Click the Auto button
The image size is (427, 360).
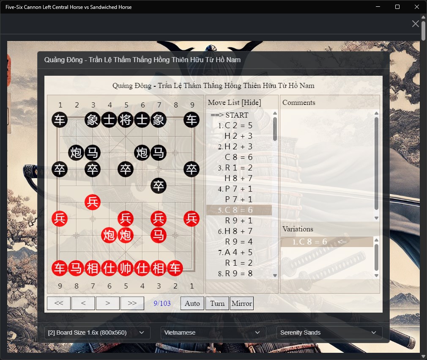[192, 303]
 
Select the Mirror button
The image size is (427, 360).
[242, 303]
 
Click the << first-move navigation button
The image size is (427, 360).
[59, 303]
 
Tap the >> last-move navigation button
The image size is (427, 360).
[132, 303]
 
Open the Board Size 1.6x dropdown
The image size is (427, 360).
[97, 333]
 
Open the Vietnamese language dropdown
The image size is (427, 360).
[213, 333]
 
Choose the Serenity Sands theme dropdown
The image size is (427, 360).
[329, 333]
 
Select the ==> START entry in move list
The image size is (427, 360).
[230, 115]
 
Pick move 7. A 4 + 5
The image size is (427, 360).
[235, 253]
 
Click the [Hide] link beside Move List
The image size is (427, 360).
[251, 102]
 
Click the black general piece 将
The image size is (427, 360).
[125, 120]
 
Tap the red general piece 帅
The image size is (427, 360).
[125, 268]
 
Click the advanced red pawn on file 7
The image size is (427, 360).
[93, 202]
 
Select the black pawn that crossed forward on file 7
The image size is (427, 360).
[159, 186]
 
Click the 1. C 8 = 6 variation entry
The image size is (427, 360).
[309, 242]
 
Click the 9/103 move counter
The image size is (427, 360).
[162, 303]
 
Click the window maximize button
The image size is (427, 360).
[397, 7]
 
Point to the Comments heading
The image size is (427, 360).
[299, 102]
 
